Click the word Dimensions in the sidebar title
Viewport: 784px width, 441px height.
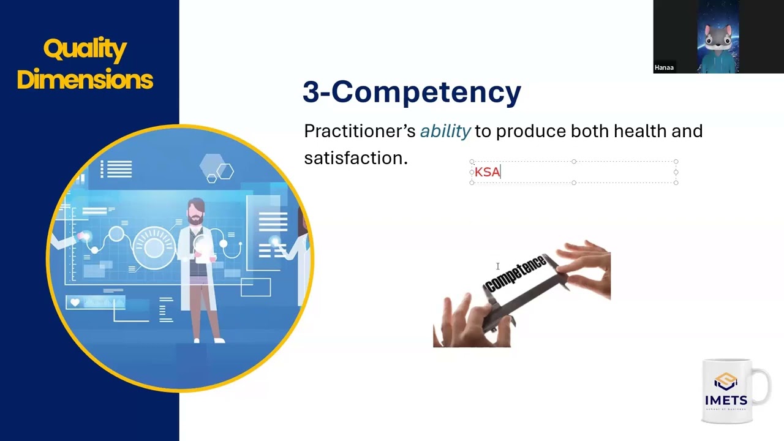coord(85,80)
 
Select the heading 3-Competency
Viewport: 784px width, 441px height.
coord(412,92)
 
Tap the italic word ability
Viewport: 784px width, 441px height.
coord(445,131)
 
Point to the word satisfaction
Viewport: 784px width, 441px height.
coord(355,158)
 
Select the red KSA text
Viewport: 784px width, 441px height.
coord(488,172)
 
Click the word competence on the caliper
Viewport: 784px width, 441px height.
coord(516,274)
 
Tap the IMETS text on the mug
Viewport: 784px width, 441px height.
coord(726,401)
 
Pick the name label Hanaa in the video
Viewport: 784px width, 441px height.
coord(664,67)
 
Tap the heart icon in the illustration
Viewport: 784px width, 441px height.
coord(75,302)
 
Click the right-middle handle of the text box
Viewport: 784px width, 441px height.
coord(676,172)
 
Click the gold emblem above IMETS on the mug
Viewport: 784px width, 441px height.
coord(726,382)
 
